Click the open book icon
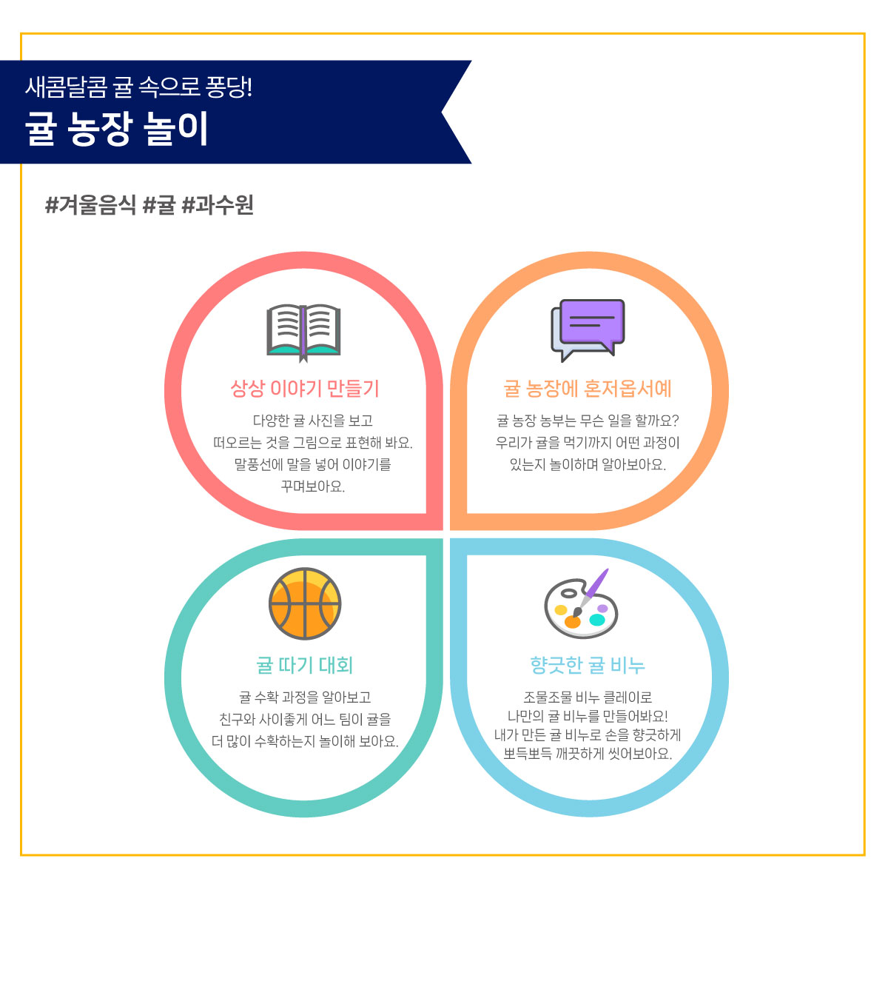[x=303, y=333]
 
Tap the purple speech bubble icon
[x=588, y=329]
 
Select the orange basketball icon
[x=304, y=604]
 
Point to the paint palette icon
[x=581, y=603]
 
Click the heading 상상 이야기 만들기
[x=305, y=389]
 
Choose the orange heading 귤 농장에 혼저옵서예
[x=588, y=389]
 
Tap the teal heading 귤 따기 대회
[x=304, y=665]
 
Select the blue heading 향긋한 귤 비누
[x=588, y=665]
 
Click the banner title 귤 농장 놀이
[x=117, y=128]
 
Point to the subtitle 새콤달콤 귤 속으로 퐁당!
[x=139, y=87]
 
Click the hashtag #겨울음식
[x=90, y=204]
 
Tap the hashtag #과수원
[x=218, y=204]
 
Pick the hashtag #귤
[x=159, y=204]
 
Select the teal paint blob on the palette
[x=596, y=620]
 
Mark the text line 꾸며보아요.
[x=313, y=486]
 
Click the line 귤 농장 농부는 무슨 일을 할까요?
[x=588, y=421]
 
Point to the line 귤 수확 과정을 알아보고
[x=305, y=697]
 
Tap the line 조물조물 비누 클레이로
[x=588, y=697]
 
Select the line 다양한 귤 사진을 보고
[x=313, y=421]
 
